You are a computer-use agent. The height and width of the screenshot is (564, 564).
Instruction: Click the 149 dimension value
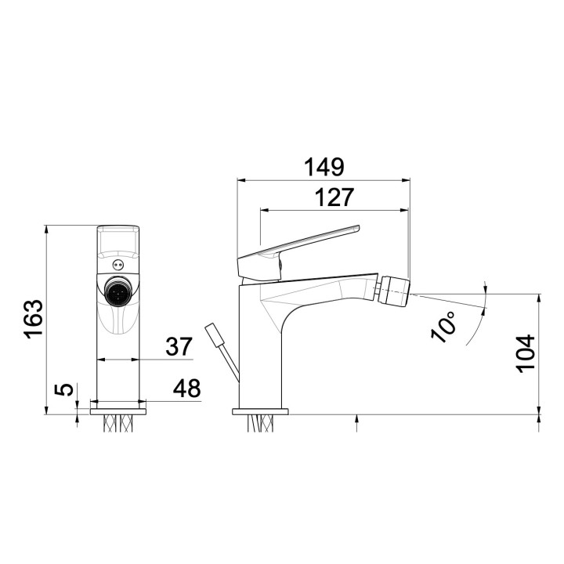pyautogui.click(x=324, y=167)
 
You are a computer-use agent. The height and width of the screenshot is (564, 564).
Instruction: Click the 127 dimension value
pyautogui.click(x=334, y=197)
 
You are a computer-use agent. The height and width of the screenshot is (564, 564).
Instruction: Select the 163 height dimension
pyautogui.click(x=32, y=319)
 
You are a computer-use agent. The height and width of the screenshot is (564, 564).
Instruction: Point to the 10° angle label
pyautogui.click(x=444, y=326)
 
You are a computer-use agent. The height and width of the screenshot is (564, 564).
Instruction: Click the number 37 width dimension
pyautogui.click(x=179, y=346)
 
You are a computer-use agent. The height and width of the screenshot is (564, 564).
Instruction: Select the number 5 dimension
pyautogui.click(x=67, y=389)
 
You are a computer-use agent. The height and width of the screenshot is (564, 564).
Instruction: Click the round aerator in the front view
pyautogui.click(x=119, y=294)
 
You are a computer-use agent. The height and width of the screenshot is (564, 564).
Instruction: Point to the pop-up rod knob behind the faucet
pyautogui.click(x=213, y=334)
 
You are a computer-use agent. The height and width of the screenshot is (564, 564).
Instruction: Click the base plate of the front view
pyautogui.click(x=119, y=410)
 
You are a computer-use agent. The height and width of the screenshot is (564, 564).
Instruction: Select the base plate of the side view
pyautogui.click(x=261, y=410)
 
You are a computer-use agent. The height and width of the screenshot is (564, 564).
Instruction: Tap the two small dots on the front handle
pyautogui.click(x=119, y=263)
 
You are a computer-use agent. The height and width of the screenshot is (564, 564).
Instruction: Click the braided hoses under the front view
pyautogui.click(x=119, y=424)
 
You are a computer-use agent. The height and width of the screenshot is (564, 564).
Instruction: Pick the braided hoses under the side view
pyautogui.click(x=262, y=424)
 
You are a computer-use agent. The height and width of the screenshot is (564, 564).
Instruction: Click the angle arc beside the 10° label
pyautogui.click(x=480, y=313)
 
